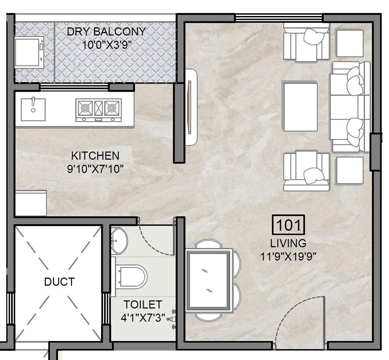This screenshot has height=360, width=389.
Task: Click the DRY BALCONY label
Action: [106, 32]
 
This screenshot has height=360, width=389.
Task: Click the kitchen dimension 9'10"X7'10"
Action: [95, 168]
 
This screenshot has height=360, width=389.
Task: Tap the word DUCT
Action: [59, 282]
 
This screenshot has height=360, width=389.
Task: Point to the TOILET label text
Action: [143, 305]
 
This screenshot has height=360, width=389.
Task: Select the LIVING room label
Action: [288, 243]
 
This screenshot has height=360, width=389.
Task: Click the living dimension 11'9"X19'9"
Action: [288, 256]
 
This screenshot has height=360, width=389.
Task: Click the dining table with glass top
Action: [207, 280]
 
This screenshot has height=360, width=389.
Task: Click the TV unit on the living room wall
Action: [190, 108]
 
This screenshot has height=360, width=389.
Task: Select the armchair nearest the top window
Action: [306, 42]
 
